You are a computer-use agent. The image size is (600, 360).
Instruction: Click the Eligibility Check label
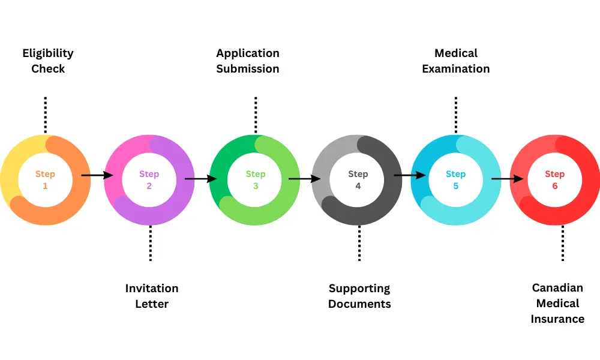48,61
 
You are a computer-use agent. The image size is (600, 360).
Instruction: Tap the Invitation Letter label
152,296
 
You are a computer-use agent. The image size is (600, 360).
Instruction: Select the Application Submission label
248,61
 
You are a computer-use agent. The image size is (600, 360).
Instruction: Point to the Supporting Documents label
359,296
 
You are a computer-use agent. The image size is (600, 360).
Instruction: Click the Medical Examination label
456,61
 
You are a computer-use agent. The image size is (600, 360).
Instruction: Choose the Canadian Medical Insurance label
557,303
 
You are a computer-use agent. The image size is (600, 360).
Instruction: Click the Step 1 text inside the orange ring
45,180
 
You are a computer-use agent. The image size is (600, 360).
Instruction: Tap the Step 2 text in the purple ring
149,180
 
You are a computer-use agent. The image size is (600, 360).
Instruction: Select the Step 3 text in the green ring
256,180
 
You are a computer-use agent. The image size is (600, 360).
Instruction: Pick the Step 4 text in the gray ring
358,180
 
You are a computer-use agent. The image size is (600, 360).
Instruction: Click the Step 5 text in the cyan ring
455,180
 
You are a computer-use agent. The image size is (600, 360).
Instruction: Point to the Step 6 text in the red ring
555,180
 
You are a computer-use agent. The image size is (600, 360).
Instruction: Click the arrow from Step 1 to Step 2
97,175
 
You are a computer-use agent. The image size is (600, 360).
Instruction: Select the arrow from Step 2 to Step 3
201,178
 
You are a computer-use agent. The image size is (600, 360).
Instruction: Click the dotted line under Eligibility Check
45,114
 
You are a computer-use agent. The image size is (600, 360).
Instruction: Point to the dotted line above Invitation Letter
150,243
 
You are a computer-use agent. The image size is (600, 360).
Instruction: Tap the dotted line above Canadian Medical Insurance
563,243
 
